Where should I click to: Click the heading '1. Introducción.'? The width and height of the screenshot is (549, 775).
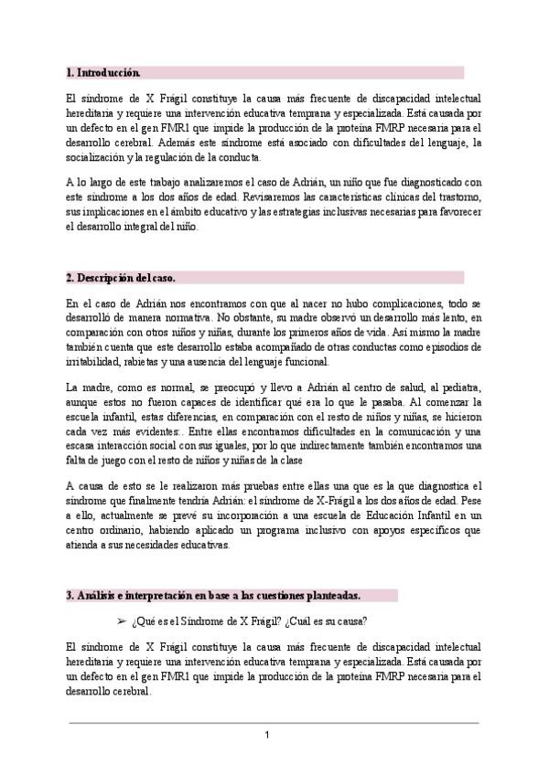tap(103, 71)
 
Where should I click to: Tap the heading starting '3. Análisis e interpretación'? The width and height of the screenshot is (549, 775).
tap(213, 595)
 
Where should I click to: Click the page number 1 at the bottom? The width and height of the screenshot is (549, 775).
tap(267, 736)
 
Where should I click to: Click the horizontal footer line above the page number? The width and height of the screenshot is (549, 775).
tap(274, 722)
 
